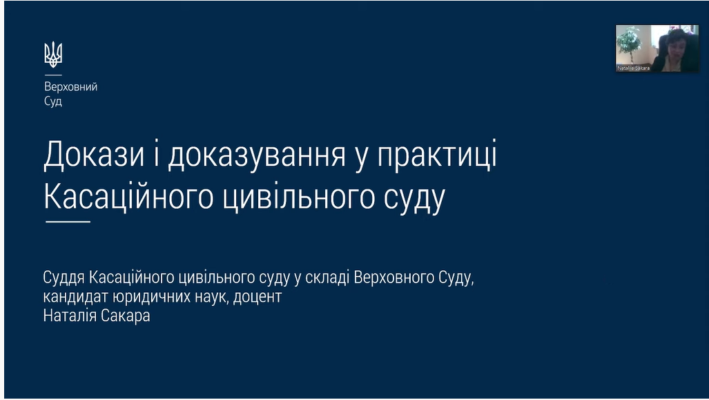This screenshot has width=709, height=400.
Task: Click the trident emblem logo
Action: pos(53,55)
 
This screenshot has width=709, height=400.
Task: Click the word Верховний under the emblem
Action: pos(70,87)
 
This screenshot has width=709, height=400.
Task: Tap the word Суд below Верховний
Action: pos(53,102)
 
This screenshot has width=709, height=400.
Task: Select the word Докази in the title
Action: pos(94,155)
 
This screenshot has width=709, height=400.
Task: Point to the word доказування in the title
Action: pos(257,155)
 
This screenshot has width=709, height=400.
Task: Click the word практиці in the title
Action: pos(437,155)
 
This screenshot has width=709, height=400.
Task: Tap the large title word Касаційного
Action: pos(128,198)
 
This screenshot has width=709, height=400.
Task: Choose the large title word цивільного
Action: pos(299,198)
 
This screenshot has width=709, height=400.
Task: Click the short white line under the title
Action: pos(68,222)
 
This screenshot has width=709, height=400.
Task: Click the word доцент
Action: pos(258,297)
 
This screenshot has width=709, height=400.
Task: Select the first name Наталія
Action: pos(69,316)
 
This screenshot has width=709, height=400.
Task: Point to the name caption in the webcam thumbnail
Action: pos(634,68)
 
